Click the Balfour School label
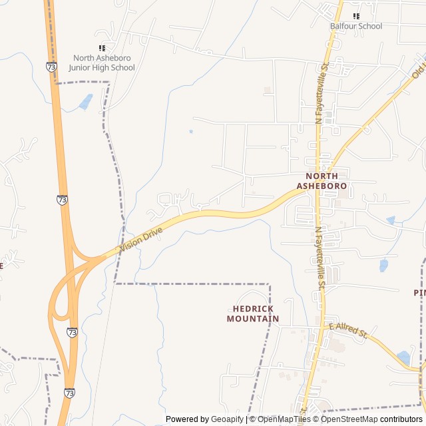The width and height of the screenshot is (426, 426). (x=356, y=26)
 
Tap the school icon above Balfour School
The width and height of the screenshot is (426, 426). (x=356, y=16)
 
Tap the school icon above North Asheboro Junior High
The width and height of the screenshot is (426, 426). (x=102, y=48)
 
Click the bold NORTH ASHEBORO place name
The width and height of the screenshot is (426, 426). (x=322, y=181)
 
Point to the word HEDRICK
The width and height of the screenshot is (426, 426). (x=253, y=309)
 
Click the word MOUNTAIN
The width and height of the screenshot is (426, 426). (x=253, y=319)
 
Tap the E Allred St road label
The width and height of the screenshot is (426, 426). (x=348, y=330)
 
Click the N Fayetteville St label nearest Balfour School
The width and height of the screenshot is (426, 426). (x=322, y=94)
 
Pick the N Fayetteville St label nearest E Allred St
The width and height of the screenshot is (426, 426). (x=321, y=256)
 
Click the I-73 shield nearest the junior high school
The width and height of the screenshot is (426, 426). (x=52, y=67)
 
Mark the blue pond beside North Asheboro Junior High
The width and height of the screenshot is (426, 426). (x=86, y=102)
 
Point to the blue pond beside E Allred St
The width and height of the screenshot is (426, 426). (x=403, y=357)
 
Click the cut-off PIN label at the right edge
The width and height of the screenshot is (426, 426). (x=419, y=292)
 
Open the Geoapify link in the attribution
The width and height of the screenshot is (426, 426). (x=228, y=419)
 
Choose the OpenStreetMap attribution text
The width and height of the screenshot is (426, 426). (x=349, y=419)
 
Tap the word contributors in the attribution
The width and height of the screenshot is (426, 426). (x=401, y=419)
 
